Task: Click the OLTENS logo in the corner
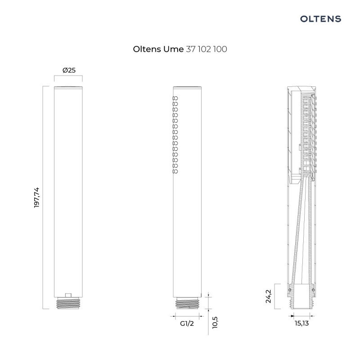[x=320, y=18]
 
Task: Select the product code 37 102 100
[x=206, y=49]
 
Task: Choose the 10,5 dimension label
[x=215, y=322]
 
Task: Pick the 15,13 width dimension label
[x=302, y=323]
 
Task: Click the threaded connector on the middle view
[x=188, y=304]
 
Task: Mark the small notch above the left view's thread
[x=68, y=295]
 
